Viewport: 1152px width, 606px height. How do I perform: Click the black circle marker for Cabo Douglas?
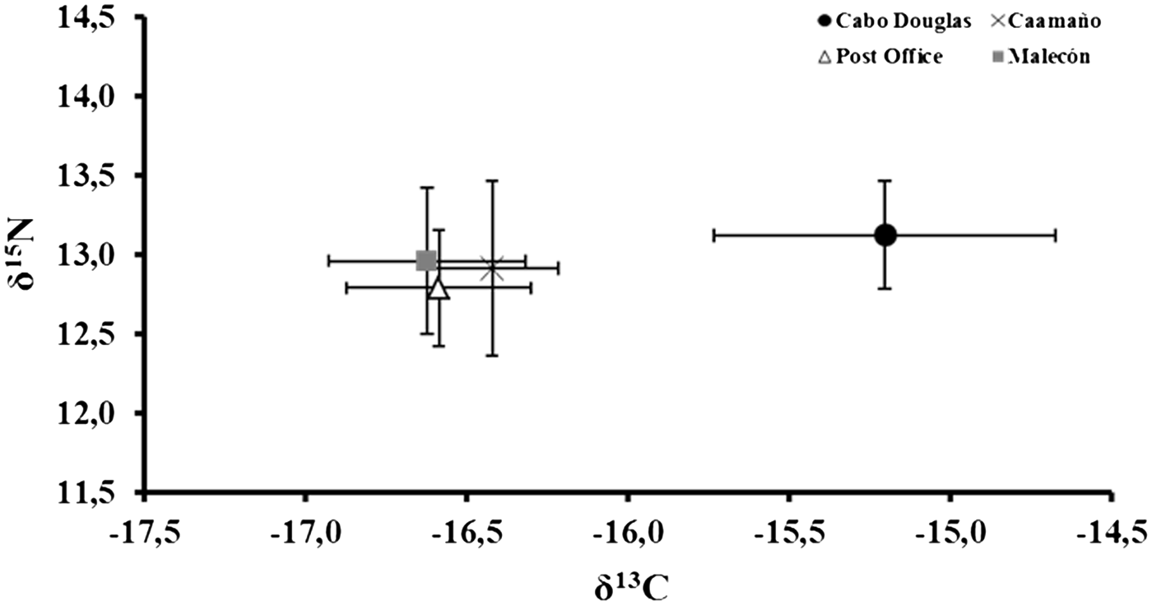coord(885,235)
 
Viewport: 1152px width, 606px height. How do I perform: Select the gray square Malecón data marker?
coord(426,261)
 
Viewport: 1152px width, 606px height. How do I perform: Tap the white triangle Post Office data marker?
coord(439,289)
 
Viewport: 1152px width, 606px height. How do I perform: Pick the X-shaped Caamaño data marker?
coord(492,268)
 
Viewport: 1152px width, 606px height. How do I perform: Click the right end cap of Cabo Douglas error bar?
coord(1055,235)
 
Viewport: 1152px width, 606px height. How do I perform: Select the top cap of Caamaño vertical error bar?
coord(492,180)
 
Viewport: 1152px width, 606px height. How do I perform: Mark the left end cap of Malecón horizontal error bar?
coord(328,261)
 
